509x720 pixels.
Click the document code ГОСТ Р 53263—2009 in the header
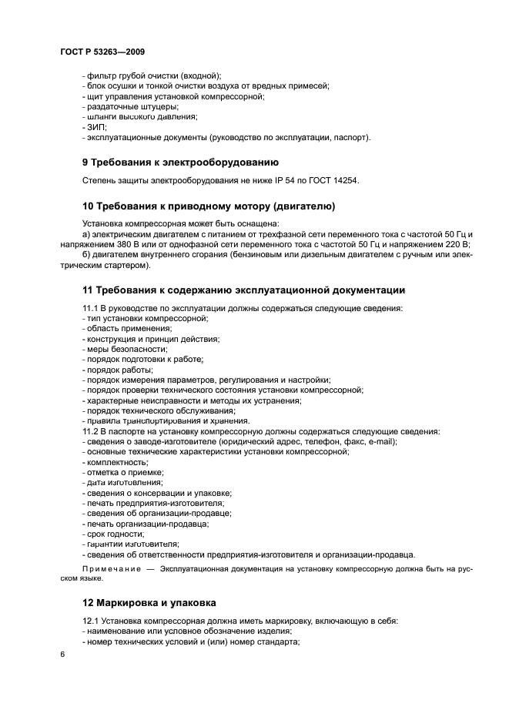[x=102, y=50]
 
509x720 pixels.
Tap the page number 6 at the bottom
[x=62, y=654]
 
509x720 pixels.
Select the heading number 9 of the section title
[x=85, y=162]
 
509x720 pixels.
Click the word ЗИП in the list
[x=96, y=127]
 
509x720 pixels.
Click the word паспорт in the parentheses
[x=350, y=137]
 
